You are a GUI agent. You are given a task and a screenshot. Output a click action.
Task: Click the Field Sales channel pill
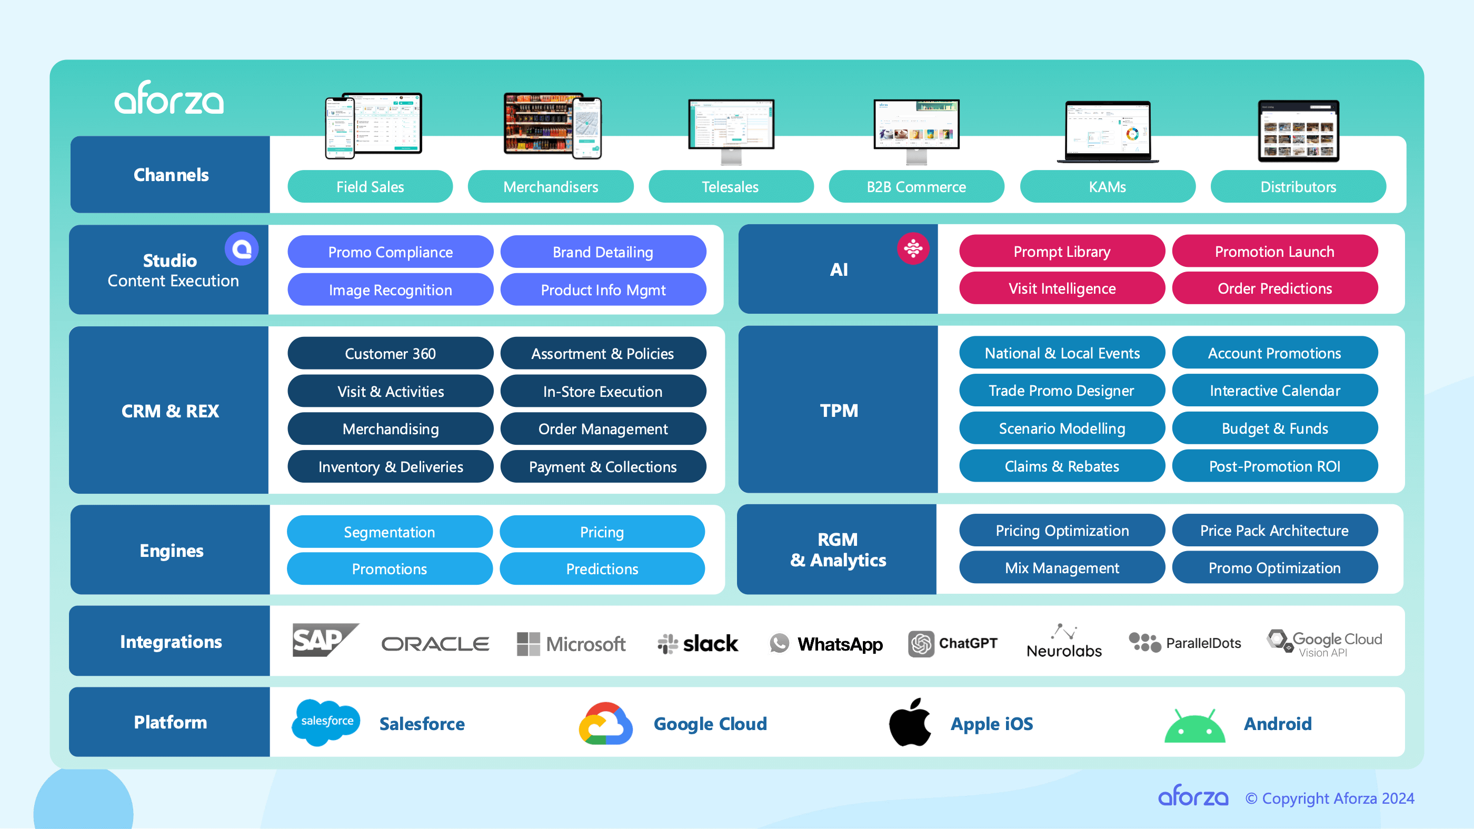pos(370,186)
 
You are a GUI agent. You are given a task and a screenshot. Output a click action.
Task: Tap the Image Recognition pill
pos(390,289)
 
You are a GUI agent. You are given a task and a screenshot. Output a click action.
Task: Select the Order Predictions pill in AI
pos(1274,288)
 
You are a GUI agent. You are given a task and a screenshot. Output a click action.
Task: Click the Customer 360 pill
pos(390,354)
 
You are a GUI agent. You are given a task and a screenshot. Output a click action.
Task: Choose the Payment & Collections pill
pos(603,467)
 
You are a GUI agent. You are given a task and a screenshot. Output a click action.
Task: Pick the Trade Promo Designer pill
pos(1061,391)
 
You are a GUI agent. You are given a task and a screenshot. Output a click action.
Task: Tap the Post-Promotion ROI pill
pos(1274,466)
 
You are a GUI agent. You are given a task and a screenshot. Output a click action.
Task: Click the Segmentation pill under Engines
pos(389,532)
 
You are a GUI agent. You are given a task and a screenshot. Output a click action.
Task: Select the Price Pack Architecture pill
pos(1274,531)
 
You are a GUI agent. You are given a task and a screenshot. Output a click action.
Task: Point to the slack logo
pos(698,644)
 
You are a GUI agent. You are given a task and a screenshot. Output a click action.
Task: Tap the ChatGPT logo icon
pos(921,644)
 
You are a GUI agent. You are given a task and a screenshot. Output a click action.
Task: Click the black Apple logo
pos(910,723)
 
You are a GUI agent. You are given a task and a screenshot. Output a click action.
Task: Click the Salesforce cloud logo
pos(326,722)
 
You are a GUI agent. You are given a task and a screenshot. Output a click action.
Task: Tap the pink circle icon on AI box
pos(913,249)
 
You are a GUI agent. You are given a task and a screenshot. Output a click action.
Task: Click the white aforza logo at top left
pos(170,98)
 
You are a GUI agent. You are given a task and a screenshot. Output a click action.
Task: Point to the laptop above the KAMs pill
pos(1107,132)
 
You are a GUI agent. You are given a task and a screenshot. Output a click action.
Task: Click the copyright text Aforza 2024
pos(1329,798)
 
